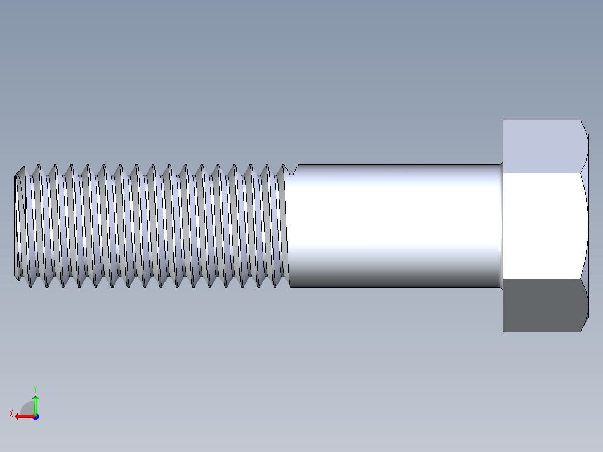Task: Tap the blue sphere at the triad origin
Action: pos(35,417)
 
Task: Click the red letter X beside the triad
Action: pos(11,413)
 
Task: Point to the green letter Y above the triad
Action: pos(35,388)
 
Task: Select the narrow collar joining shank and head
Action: pos(500,226)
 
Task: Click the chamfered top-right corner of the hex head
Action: pos(585,134)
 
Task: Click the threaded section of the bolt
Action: pos(151,226)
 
